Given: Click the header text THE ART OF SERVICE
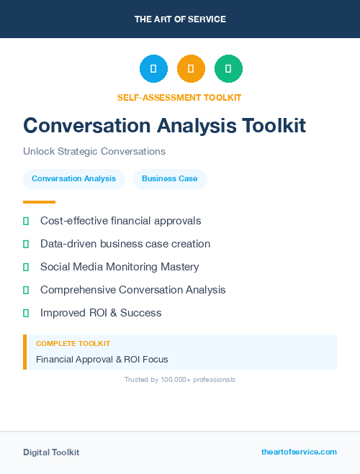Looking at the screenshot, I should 180,19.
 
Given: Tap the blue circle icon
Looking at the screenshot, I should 153,69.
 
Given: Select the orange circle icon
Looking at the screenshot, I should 191,69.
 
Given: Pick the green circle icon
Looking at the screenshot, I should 229,69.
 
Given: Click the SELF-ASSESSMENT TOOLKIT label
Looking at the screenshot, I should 179,97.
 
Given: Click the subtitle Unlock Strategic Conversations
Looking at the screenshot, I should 94,152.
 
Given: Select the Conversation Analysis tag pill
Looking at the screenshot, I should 73,179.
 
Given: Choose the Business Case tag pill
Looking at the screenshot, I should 169,179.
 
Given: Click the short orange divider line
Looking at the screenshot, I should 39,202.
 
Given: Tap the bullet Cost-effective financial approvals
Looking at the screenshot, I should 120,221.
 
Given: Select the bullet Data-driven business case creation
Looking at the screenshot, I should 125,244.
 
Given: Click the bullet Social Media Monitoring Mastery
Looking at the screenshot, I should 120,267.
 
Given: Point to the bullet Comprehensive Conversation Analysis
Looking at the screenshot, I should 132,290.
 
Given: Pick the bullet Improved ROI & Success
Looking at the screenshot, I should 101,313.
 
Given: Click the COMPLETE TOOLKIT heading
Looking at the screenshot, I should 73,344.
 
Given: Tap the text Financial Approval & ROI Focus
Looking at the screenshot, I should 102,359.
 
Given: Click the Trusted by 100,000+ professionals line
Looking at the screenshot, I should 180,379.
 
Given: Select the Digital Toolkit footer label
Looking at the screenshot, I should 51,452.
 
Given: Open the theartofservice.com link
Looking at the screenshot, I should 299,452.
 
